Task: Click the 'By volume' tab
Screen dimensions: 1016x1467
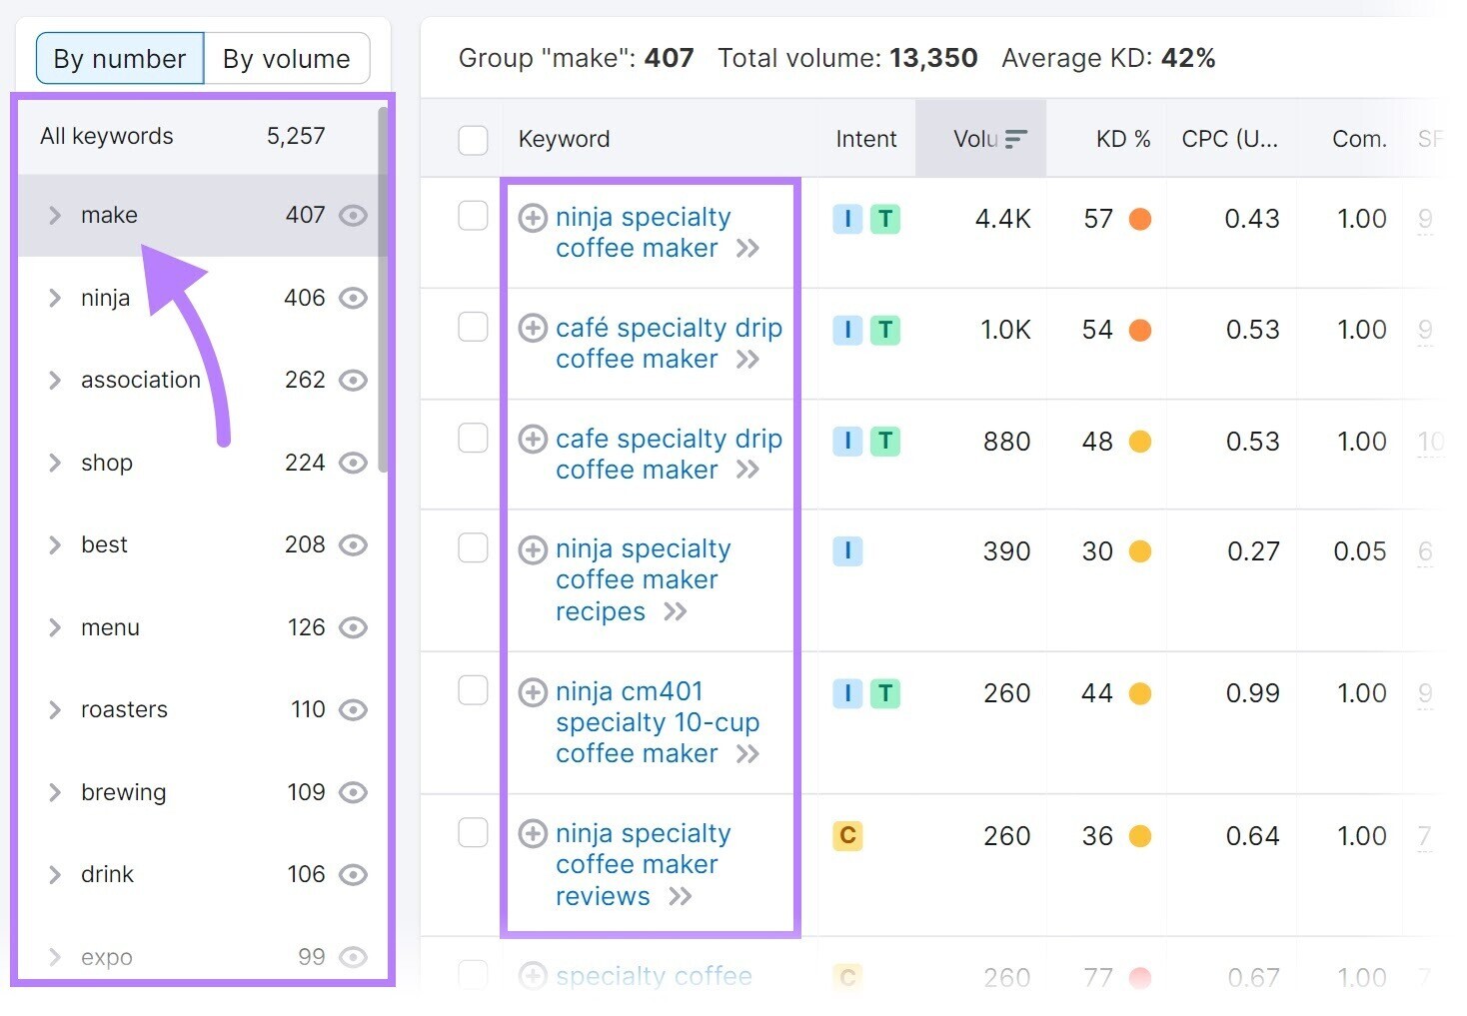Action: (286, 59)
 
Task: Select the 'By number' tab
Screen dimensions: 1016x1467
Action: (120, 59)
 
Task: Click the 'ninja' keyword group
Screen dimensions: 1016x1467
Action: (105, 298)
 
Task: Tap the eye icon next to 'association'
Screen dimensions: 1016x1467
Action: (353, 381)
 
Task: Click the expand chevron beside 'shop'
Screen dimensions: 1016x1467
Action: (55, 463)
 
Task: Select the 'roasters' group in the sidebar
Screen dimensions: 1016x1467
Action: (124, 709)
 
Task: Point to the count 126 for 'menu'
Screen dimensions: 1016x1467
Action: (306, 627)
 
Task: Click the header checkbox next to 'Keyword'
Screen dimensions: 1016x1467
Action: (473, 140)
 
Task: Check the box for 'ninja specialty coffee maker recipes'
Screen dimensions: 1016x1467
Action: (473, 547)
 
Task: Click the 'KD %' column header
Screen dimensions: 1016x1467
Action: (1122, 139)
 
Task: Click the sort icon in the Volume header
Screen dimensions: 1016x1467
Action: (1016, 139)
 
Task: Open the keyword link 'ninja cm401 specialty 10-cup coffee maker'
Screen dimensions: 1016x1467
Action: (657, 722)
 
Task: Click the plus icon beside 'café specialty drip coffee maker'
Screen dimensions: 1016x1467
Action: (533, 328)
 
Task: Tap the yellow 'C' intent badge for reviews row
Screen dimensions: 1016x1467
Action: (847, 835)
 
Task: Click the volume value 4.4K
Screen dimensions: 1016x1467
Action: (1002, 219)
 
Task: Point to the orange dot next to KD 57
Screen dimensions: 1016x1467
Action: (1139, 219)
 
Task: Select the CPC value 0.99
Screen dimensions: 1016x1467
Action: (1252, 693)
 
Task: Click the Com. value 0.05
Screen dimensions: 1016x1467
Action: (1359, 551)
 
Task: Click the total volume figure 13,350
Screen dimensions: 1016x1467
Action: (933, 58)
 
